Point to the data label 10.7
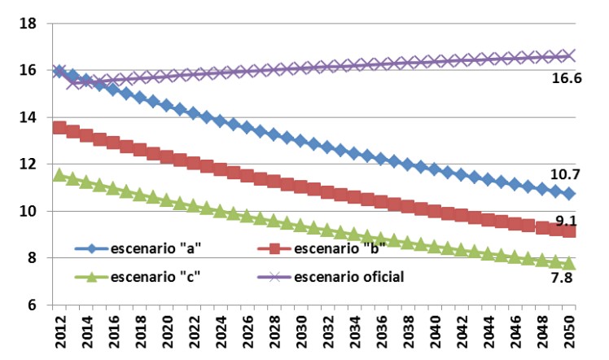[565, 174]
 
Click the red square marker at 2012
[59, 128]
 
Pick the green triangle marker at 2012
[59, 174]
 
